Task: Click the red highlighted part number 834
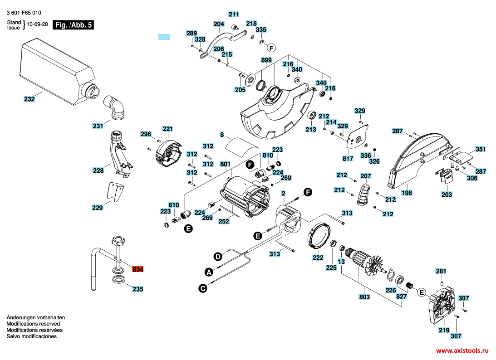click(138, 269)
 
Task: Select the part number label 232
click(29, 99)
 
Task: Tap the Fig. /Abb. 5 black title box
click(73, 25)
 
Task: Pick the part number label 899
click(266, 60)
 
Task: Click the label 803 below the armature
click(364, 297)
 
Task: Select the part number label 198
click(407, 193)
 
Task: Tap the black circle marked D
click(218, 257)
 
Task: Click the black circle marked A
click(209, 272)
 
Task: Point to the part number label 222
click(318, 258)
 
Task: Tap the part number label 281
click(441, 271)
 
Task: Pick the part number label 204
click(219, 24)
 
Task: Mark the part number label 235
click(138, 288)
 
